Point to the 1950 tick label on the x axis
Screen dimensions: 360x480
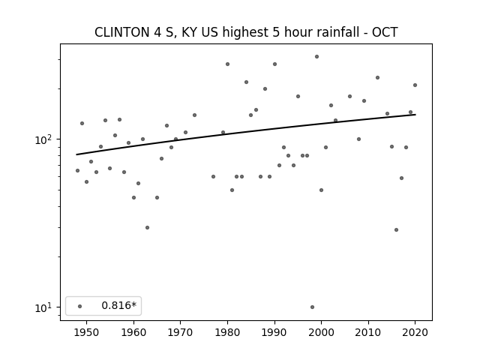(86, 332)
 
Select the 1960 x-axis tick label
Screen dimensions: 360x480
(133, 332)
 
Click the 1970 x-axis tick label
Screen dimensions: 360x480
(180, 332)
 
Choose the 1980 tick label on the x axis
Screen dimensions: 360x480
(227, 332)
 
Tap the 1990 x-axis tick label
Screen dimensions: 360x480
(274, 332)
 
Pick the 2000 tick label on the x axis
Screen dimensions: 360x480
(321, 332)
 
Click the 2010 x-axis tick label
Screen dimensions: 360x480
(368, 332)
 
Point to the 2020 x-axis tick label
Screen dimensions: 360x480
(415, 332)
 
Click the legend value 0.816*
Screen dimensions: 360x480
(118, 306)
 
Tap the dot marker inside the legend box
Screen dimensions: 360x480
(79, 306)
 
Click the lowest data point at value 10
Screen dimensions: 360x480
(312, 307)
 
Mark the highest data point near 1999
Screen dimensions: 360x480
(316, 56)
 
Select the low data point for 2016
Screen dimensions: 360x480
(396, 229)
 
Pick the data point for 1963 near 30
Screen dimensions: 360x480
(147, 227)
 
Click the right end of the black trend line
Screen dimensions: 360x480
(415, 115)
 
